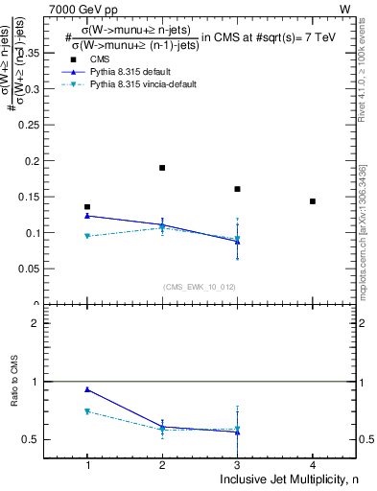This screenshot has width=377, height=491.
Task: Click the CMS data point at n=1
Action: point(87,206)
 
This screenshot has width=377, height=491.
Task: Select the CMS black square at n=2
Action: point(162,168)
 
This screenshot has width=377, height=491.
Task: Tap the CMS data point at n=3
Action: point(237,189)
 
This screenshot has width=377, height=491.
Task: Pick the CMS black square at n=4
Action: point(313,201)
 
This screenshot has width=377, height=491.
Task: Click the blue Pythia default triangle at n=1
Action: point(87,216)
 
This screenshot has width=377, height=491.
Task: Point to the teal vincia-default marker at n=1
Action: point(87,236)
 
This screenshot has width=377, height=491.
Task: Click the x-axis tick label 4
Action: point(313,465)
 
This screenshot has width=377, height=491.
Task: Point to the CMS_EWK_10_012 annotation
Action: point(200,287)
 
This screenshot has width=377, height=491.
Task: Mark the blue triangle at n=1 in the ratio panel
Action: point(87,389)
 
